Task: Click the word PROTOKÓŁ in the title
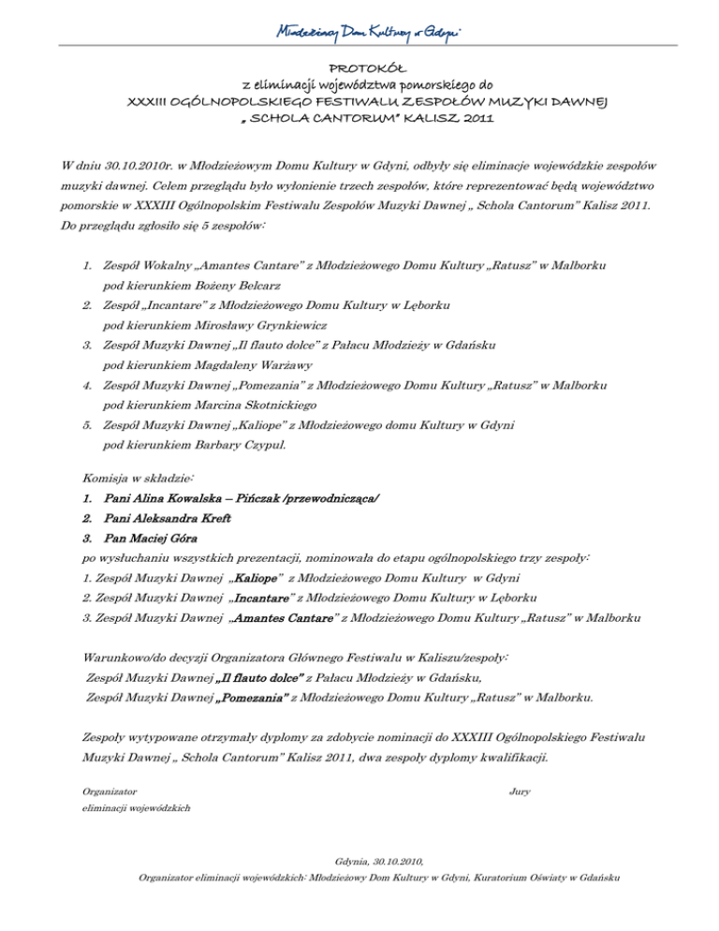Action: pyautogui.click(x=359, y=67)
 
